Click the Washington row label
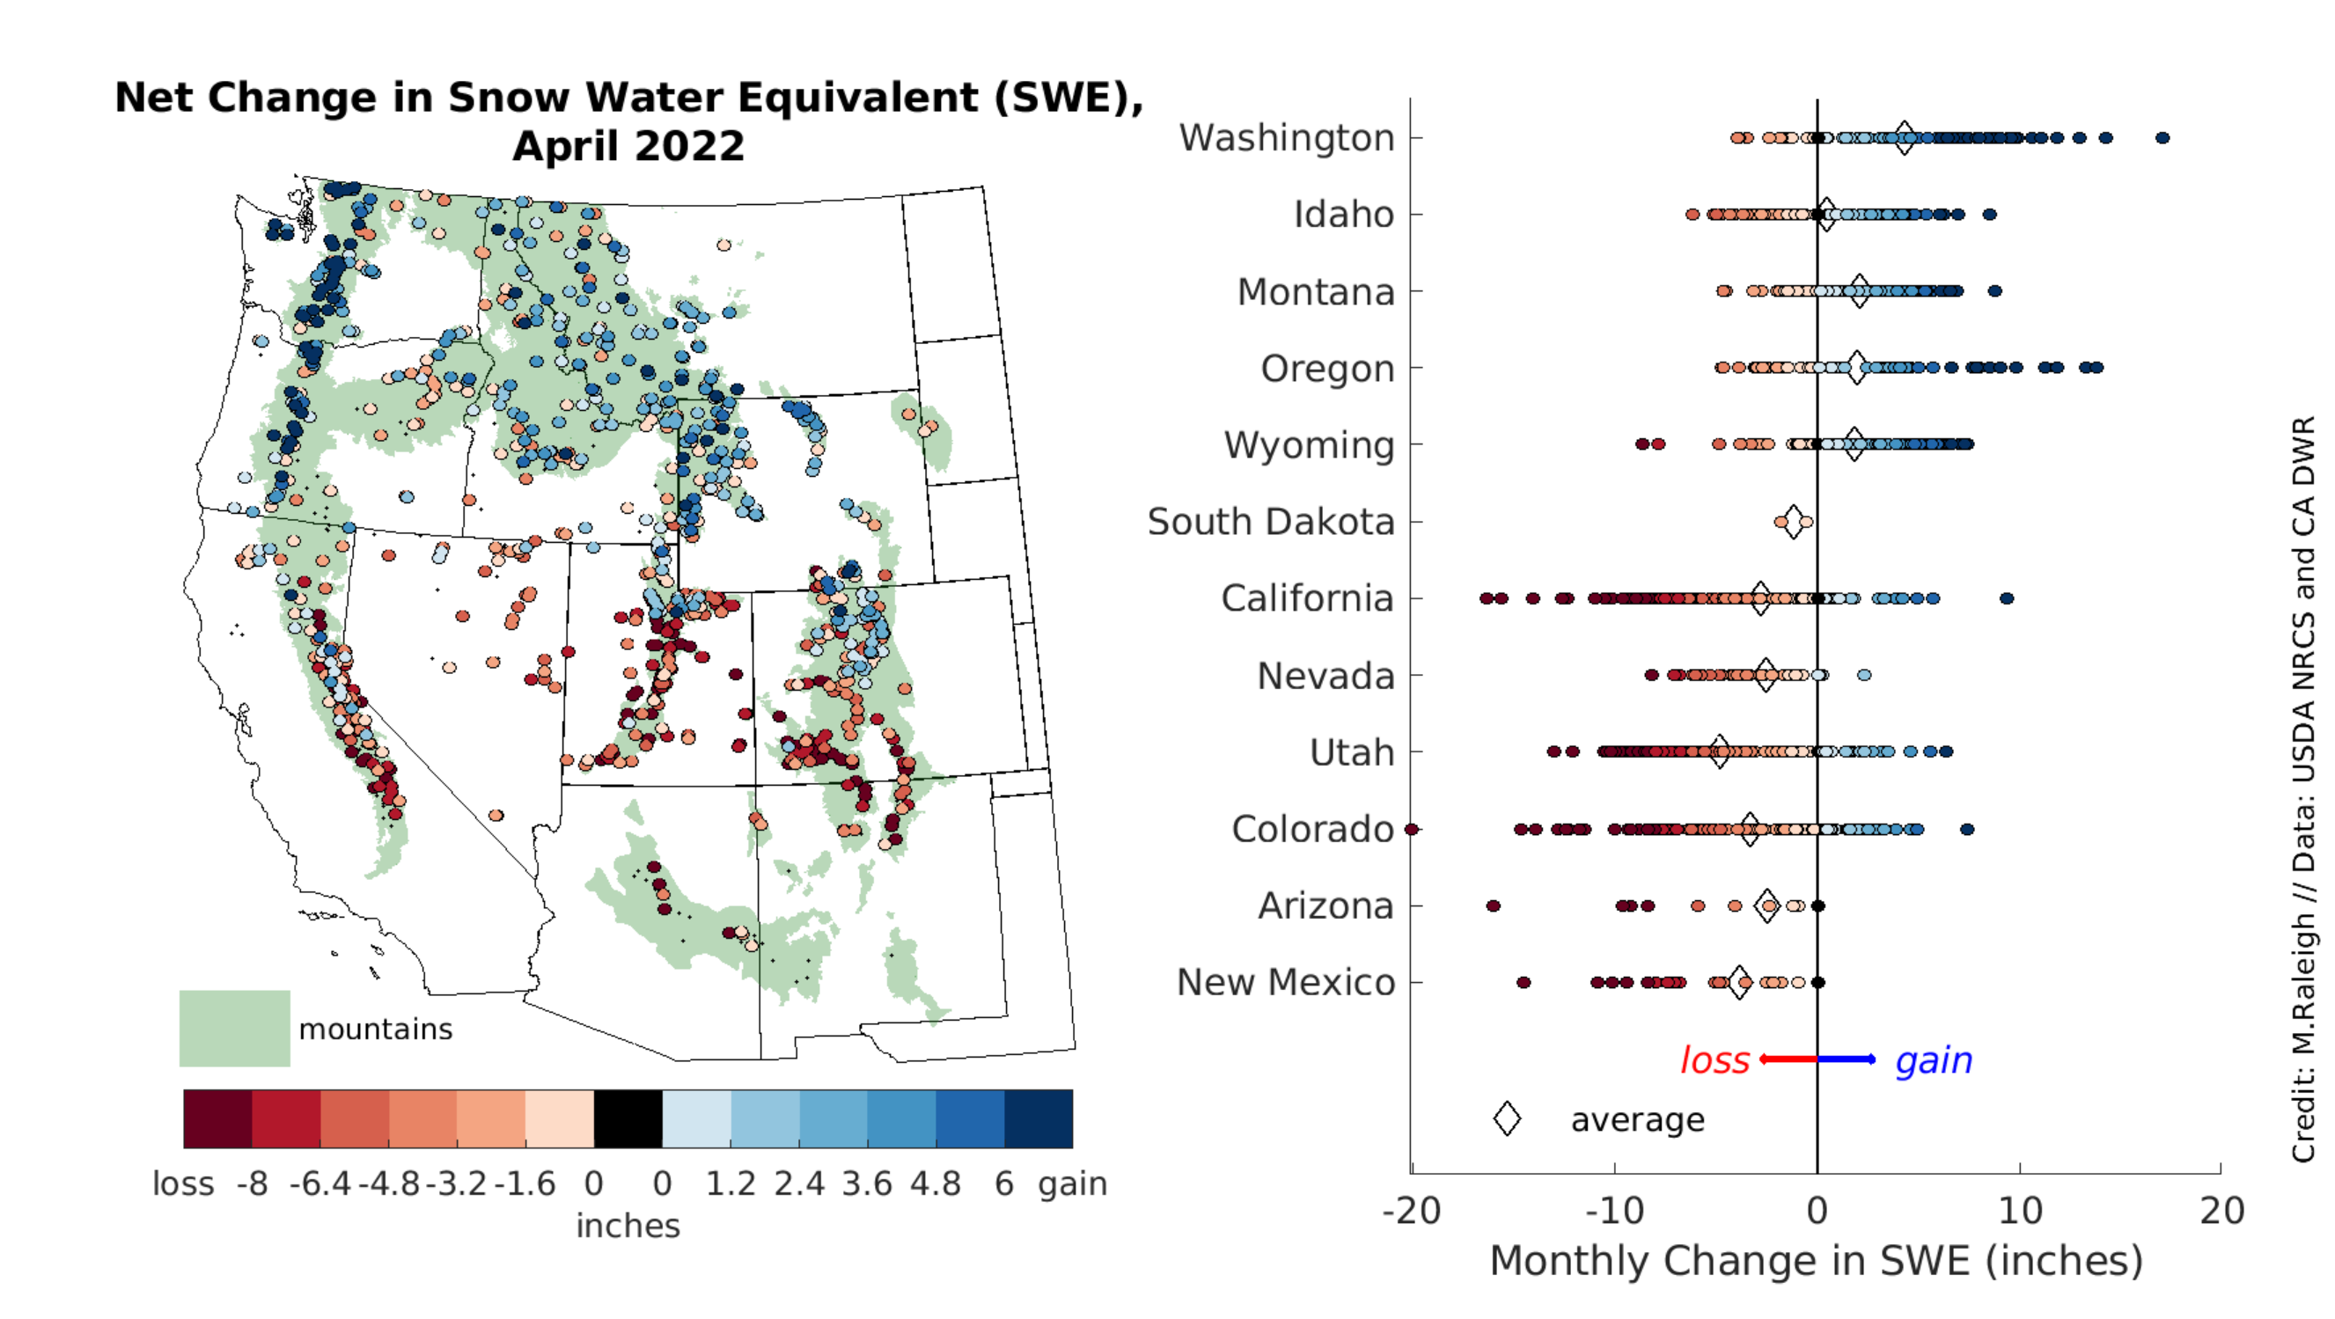pos(1285,138)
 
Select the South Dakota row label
pos(1270,522)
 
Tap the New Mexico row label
pos(1284,983)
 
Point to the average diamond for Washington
pos(1905,138)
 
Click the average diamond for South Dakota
pos(1792,522)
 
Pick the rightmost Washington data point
pos(2162,138)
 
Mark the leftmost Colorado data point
pos(1412,830)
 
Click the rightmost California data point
pos(2007,598)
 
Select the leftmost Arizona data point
pos(1493,906)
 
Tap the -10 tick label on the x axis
pos(1614,1211)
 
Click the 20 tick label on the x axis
pos(2221,1211)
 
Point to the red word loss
pos(1715,1059)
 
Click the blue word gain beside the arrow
pos(1934,1059)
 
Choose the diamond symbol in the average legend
pos(1507,1118)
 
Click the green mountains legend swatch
pos(235,1028)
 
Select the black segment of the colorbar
pos(628,1118)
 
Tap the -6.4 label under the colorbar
pos(320,1183)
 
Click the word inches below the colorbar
pos(628,1226)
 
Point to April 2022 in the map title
pos(628,146)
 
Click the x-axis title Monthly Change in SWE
pos(1816,1261)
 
